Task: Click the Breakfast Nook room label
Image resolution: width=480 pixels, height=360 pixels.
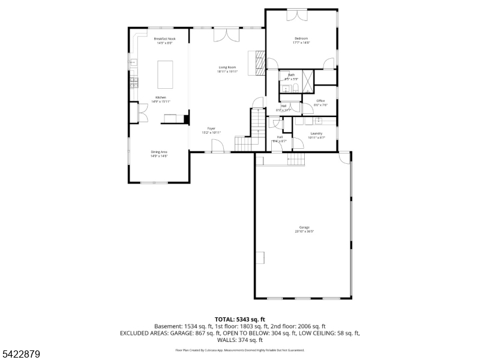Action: click(164, 39)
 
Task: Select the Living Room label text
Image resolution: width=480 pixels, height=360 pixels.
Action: click(227, 67)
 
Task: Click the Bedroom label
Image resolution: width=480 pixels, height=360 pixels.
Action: click(301, 38)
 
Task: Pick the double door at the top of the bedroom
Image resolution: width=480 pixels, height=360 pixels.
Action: click(296, 15)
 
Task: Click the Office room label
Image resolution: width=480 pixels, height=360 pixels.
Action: click(320, 101)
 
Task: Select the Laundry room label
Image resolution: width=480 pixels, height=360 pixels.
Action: click(316, 133)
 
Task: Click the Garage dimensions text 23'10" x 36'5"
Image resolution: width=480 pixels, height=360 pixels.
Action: click(305, 231)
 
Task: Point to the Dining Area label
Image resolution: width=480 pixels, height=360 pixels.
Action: click(159, 152)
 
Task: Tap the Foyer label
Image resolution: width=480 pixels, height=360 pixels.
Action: click(211, 128)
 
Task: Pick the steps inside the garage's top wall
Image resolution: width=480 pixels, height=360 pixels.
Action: click(296, 159)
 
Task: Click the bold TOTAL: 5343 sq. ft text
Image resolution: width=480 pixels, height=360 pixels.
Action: click(240, 319)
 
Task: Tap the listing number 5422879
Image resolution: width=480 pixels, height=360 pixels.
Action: click(20, 355)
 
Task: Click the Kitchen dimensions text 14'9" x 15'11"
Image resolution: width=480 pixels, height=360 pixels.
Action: click(161, 101)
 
